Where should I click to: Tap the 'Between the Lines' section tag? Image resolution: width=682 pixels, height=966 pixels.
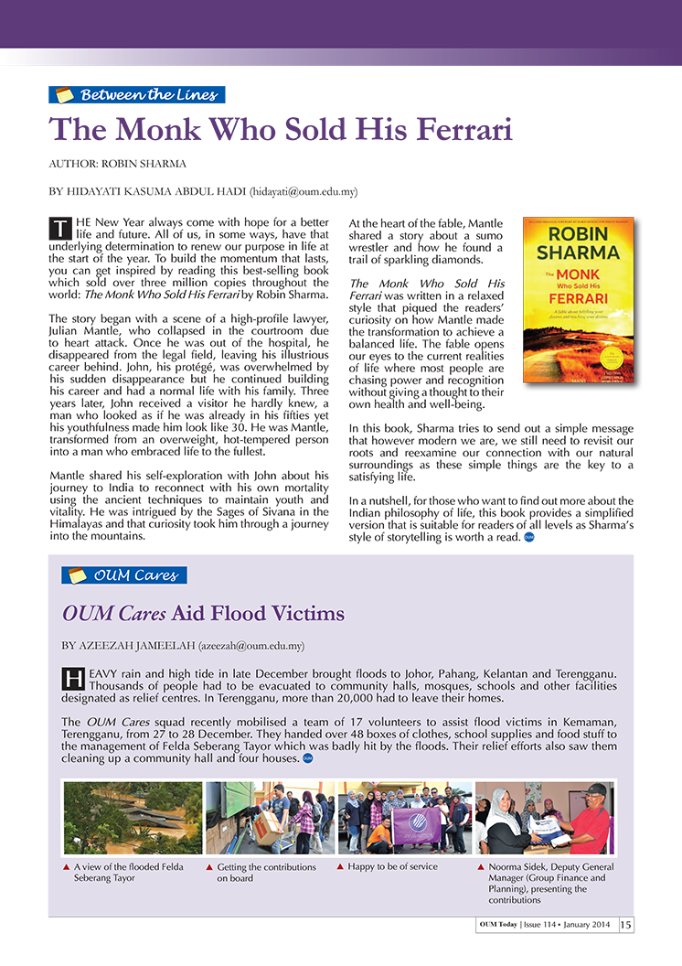point(136,94)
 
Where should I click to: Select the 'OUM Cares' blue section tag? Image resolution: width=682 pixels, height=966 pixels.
point(124,575)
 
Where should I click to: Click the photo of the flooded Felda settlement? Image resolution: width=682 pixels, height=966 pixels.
point(133,818)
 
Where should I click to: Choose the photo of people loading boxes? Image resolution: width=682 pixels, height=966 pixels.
point(270,818)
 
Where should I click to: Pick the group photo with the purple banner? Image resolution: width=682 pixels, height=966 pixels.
point(404,818)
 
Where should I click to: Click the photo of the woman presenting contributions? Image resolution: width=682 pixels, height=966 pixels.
point(544,818)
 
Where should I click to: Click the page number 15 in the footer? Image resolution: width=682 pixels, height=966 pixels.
point(626,924)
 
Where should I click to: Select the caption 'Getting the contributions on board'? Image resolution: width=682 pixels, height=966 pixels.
point(266,873)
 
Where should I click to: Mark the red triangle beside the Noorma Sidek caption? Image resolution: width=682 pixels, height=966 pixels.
point(482,866)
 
